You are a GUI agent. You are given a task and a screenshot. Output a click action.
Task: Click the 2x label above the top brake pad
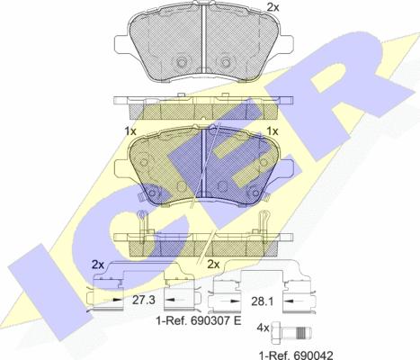(273, 7)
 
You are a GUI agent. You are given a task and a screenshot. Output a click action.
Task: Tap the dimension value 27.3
(144, 300)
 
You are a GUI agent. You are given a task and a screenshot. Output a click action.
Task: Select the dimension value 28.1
(262, 301)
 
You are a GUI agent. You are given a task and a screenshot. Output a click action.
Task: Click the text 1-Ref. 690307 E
(199, 320)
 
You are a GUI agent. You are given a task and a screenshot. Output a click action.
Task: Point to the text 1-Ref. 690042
(296, 355)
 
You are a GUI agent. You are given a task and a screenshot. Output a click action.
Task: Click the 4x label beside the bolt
(263, 328)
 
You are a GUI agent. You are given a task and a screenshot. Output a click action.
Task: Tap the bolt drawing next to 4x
(291, 332)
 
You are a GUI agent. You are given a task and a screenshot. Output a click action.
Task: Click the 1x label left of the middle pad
(130, 131)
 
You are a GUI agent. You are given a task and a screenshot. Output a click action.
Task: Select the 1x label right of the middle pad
(273, 131)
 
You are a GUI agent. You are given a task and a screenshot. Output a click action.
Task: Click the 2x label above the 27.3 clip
(98, 265)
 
